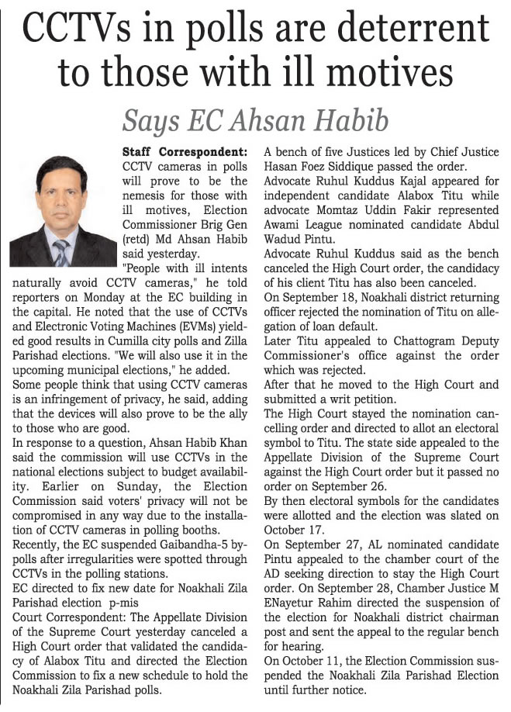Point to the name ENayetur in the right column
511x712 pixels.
click(294, 603)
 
